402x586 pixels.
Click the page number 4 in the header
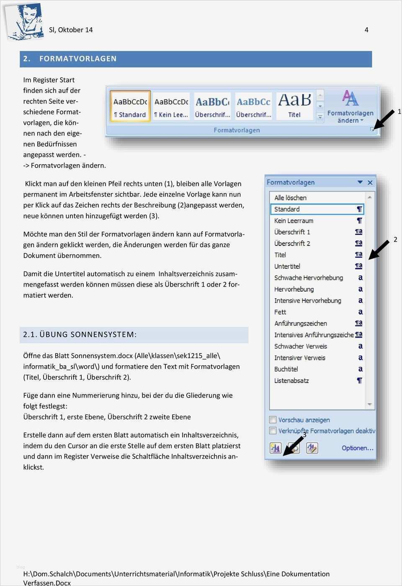coord(366,30)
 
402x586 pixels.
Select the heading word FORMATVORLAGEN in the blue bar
coord(78,59)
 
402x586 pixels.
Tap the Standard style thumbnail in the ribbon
coord(130,107)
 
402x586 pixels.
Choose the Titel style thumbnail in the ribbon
coord(294,106)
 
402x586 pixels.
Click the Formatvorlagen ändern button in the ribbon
coord(350,107)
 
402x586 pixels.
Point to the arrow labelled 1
coord(384,119)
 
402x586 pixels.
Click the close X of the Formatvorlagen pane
coord(370,183)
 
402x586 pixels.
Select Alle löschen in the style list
coord(290,198)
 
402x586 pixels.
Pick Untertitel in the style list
coord(287,266)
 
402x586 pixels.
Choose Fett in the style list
coord(280,312)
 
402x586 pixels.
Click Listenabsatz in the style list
coord(291,381)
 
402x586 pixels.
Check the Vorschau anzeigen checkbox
coord(273,420)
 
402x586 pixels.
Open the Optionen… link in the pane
coord(357,448)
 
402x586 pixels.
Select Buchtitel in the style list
coord(286,369)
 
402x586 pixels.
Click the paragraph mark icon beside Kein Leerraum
coord(359,221)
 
